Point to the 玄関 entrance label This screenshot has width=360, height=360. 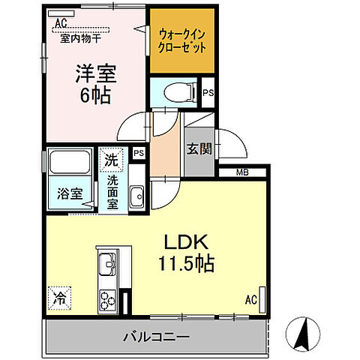click(x=199, y=148)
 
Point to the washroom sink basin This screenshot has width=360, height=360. click(x=136, y=198)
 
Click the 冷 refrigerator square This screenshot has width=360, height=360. click(x=59, y=297)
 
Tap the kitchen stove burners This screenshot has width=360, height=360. click(x=106, y=298)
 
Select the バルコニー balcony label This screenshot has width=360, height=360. click(x=156, y=335)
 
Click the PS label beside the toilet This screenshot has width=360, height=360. click(x=208, y=93)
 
